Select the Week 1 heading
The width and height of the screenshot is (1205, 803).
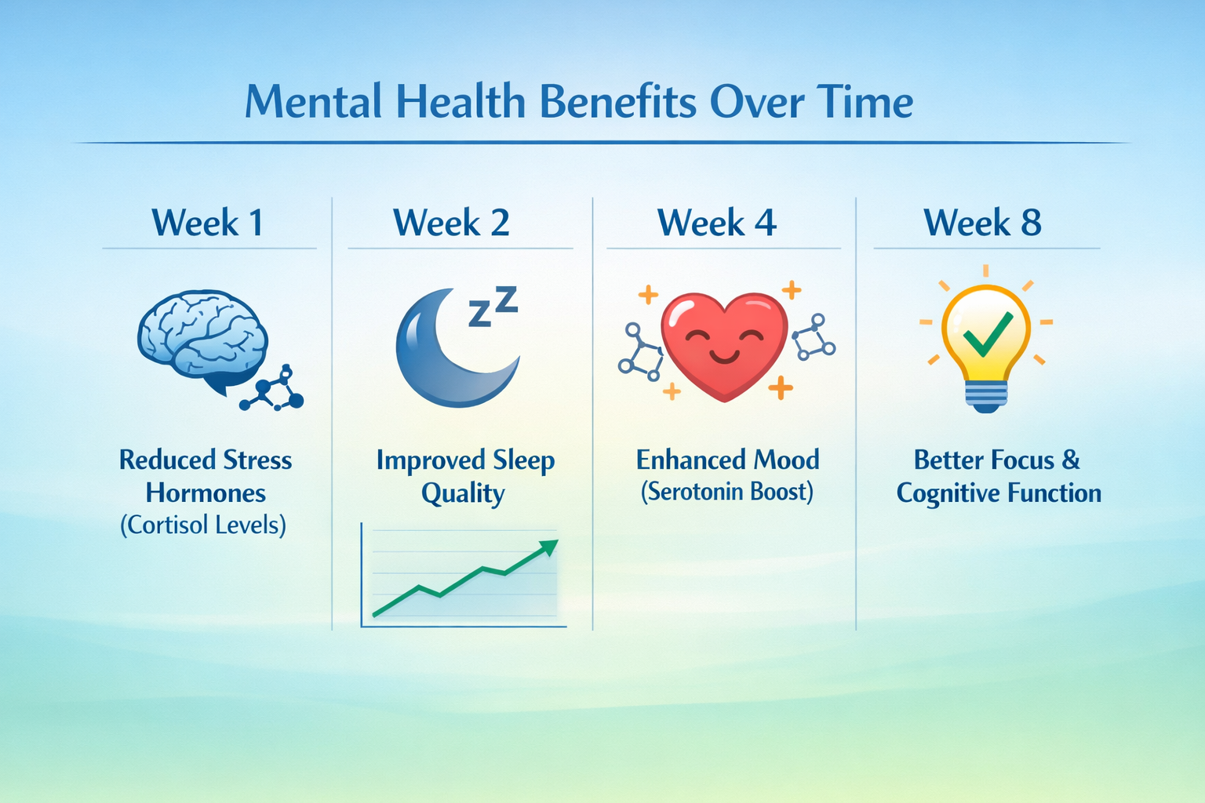[x=208, y=223]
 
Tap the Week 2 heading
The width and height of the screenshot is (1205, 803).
[x=451, y=223]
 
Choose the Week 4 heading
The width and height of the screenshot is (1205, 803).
[x=717, y=223]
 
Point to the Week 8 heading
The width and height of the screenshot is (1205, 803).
[x=982, y=223]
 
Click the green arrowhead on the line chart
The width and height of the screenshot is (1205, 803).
[x=548, y=547]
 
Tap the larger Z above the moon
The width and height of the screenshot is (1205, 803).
[x=507, y=299]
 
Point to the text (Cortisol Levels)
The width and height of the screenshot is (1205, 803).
[x=203, y=524]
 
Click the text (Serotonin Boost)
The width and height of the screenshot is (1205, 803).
[x=727, y=492]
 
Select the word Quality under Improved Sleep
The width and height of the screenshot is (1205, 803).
[x=462, y=494]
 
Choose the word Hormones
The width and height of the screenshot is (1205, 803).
[x=206, y=492]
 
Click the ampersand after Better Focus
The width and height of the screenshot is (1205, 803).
[x=1071, y=460]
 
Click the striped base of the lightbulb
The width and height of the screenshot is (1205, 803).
[x=986, y=395]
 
